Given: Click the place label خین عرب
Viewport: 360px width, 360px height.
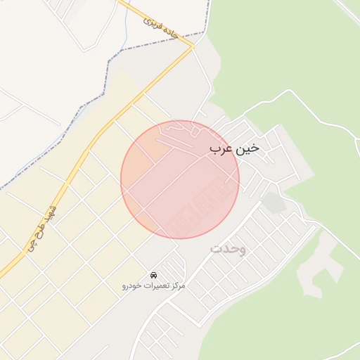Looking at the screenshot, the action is (234, 149).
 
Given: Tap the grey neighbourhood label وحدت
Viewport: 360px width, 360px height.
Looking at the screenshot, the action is (228, 250).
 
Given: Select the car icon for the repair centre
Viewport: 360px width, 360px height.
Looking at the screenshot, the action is (154, 274).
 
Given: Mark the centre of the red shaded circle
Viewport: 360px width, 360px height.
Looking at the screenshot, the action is (180, 179).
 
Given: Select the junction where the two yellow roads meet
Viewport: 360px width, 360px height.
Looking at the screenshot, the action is (193, 47).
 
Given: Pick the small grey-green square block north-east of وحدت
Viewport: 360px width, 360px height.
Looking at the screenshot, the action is (274, 202).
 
